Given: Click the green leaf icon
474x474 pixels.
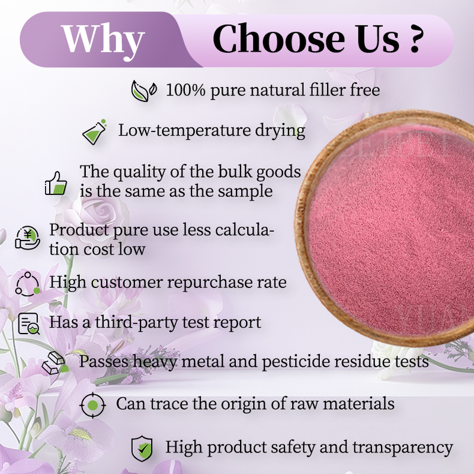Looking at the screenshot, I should click(144, 91).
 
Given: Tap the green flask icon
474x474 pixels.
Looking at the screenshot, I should click(95, 132).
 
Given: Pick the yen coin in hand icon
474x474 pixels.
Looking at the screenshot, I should click(26, 239).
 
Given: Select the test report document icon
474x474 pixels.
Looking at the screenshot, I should click(28, 323).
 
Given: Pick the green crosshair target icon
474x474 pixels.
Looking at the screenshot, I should click(92, 405).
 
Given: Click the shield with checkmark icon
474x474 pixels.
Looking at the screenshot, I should click(142, 447).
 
